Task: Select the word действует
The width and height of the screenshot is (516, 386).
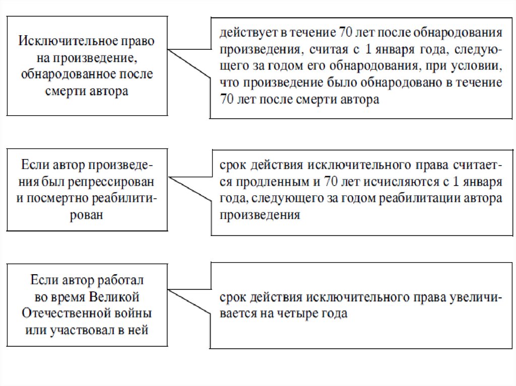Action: click(x=244, y=34)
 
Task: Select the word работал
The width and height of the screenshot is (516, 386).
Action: click(x=123, y=280)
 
